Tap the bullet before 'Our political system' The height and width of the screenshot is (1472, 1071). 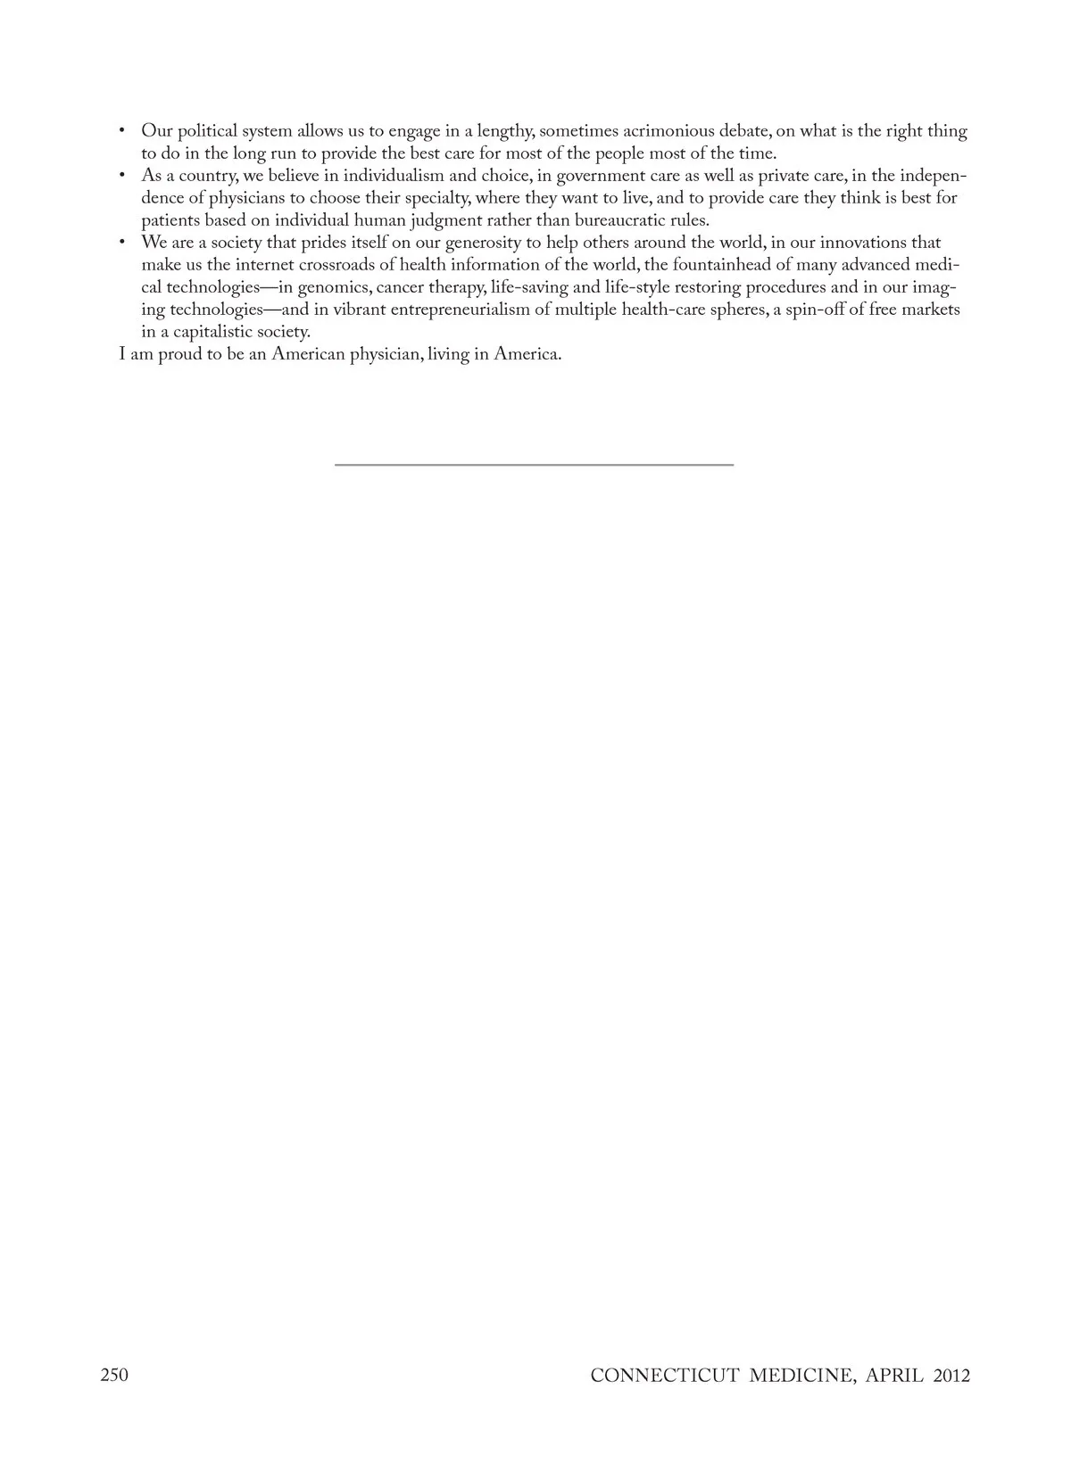122,132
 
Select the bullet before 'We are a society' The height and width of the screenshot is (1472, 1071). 122,244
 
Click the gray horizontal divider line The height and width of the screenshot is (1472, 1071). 534,465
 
